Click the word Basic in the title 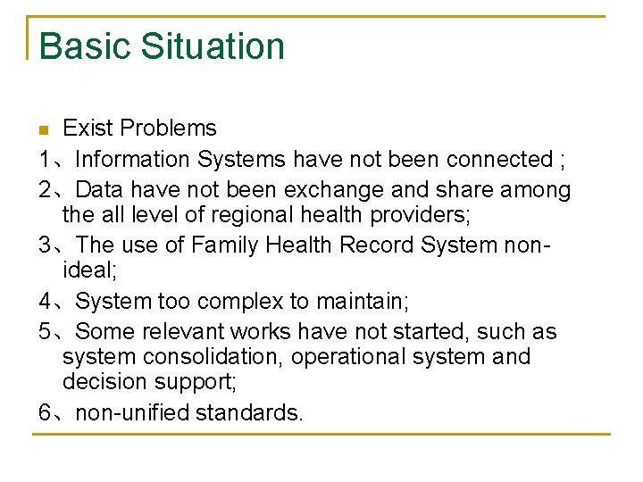coord(79,46)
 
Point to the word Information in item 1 coord(132,160)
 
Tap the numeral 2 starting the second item coord(46,190)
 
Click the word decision coord(99,382)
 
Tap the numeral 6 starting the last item coord(46,413)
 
